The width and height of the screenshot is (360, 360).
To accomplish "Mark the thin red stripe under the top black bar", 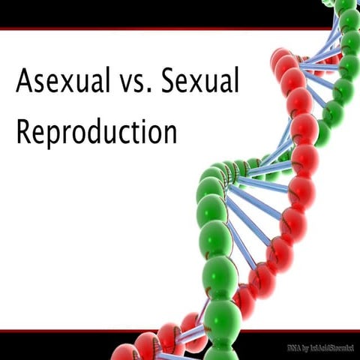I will click(x=150, y=29).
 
